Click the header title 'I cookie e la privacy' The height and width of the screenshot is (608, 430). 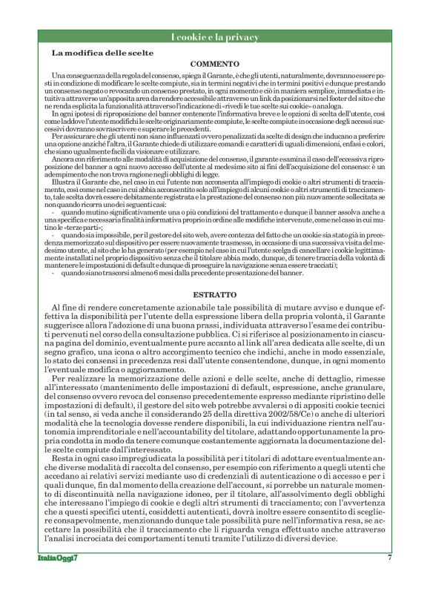214,37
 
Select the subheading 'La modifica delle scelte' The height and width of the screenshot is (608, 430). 102,53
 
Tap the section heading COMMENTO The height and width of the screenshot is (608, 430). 214,65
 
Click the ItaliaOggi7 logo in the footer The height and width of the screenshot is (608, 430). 59,558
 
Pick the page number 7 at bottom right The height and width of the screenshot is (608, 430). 389,558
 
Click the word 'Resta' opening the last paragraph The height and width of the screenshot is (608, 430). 65,457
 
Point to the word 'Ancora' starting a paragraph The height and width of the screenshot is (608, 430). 65,159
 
